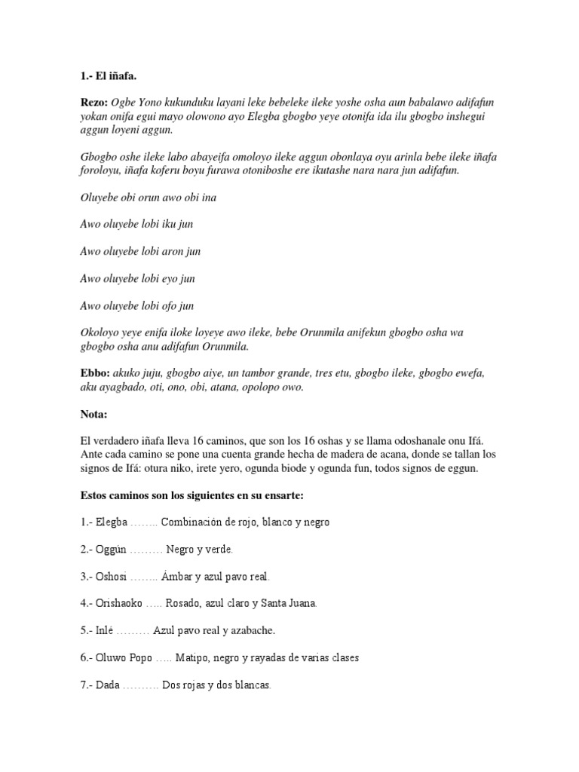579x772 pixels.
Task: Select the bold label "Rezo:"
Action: (93, 103)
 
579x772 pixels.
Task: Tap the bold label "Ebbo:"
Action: (95, 373)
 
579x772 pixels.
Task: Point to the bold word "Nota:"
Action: (94, 414)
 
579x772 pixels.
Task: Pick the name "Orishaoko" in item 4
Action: (122, 603)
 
